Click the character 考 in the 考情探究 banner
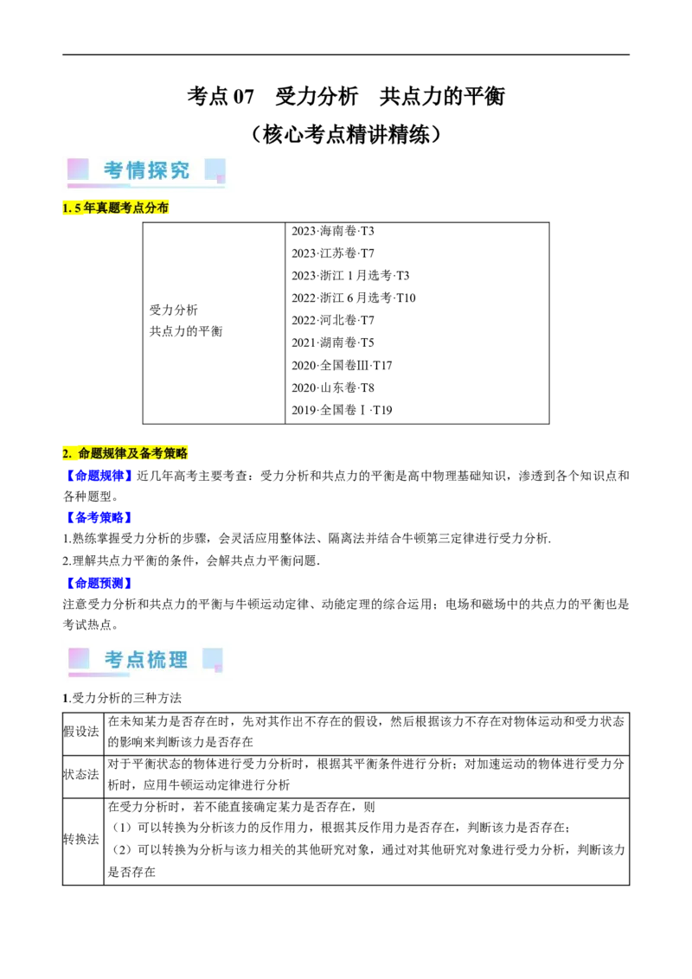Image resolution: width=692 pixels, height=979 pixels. [x=114, y=170]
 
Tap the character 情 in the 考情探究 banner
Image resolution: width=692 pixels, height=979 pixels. [x=136, y=170]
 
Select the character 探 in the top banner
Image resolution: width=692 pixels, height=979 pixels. [x=157, y=170]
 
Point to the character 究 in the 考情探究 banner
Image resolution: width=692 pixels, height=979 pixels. [x=179, y=170]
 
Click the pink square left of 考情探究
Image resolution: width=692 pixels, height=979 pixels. [x=78, y=169]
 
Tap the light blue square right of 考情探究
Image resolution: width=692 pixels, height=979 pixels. [x=215, y=169]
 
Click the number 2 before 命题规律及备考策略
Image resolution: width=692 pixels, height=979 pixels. [x=66, y=453]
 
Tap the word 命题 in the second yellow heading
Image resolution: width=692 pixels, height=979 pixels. [x=90, y=453]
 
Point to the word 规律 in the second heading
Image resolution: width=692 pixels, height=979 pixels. [x=114, y=453]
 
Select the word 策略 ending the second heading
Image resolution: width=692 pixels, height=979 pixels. [x=176, y=453]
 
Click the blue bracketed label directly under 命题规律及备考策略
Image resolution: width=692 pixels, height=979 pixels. [x=98, y=475]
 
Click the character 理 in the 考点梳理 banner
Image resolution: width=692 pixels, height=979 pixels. [x=178, y=660]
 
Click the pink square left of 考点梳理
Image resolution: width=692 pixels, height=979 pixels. [x=79, y=658]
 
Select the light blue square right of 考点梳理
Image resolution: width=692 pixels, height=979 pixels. [x=212, y=658]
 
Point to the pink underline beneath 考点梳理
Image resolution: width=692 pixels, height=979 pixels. [x=99, y=675]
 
